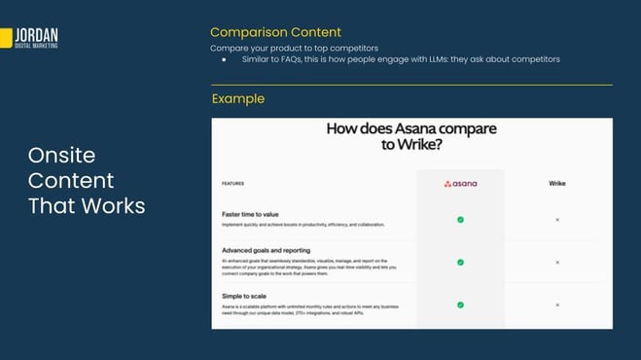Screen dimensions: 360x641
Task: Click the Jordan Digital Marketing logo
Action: (x=31, y=38)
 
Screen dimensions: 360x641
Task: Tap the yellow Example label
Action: (x=237, y=98)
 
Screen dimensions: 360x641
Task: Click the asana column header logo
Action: (x=460, y=183)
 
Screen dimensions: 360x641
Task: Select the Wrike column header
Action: (x=557, y=183)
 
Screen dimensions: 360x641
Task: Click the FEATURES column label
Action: (x=232, y=183)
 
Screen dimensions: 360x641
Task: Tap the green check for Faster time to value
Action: (x=460, y=220)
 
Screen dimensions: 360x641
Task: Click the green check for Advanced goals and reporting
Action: (x=460, y=262)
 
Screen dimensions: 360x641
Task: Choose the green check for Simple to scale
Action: (x=460, y=305)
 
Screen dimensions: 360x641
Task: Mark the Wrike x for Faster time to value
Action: (x=557, y=220)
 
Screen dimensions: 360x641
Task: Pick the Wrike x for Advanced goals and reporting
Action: (x=557, y=262)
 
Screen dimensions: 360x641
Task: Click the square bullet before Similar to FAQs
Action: (x=224, y=60)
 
